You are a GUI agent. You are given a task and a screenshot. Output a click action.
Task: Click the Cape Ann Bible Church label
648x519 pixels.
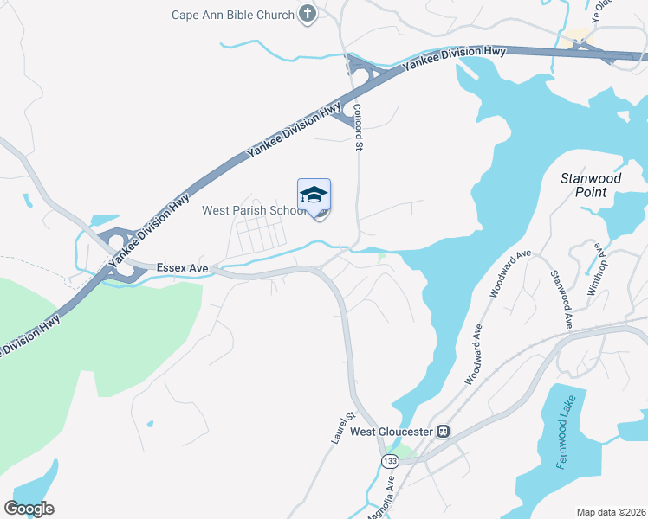[x=232, y=14]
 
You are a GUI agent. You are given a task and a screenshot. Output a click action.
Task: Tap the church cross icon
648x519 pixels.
[x=307, y=13]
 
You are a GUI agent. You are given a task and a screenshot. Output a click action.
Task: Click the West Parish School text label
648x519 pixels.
[x=251, y=210]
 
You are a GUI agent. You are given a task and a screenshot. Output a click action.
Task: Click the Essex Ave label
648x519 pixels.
[x=183, y=269]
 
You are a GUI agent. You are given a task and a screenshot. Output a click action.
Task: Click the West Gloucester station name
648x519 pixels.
[x=392, y=432]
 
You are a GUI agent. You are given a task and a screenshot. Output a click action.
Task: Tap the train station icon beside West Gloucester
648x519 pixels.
[x=443, y=431]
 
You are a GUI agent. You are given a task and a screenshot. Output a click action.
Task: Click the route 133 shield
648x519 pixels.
[x=389, y=462]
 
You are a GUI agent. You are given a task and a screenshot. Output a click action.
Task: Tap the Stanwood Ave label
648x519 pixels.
[x=561, y=298]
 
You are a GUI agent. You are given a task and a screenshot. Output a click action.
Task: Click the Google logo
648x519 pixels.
[x=29, y=509]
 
